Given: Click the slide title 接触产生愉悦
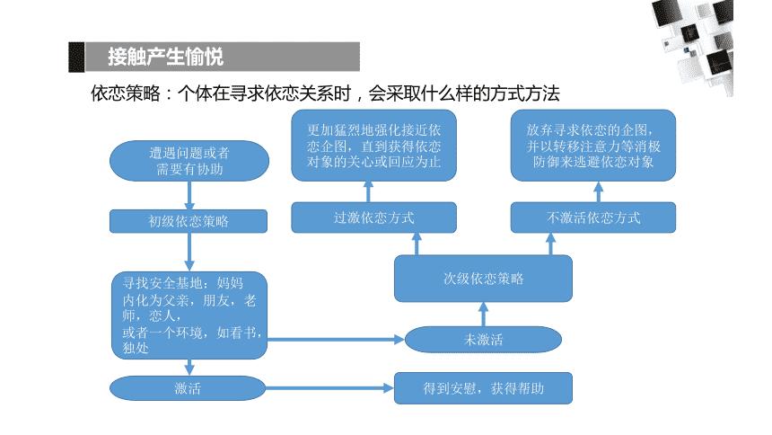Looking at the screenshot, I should [165, 57].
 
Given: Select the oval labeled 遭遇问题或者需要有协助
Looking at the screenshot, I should [189, 161].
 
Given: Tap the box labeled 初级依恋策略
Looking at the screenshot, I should [189, 221].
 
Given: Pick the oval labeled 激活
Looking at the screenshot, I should [189, 388].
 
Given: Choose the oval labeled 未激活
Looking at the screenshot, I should [483, 339].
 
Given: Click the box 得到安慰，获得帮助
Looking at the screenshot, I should [483, 388].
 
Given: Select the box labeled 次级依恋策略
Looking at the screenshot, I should [483, 278].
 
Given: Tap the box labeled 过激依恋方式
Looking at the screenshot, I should [373, 217].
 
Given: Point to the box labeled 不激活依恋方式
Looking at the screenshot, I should [593, 217].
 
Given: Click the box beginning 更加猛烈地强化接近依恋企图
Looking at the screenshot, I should [373, 146].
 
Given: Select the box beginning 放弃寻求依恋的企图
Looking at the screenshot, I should [593, 146].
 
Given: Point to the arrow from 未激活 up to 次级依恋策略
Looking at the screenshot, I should [483, 313].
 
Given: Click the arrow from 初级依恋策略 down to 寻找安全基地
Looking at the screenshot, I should [189, 252].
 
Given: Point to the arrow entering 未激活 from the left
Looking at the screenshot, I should [337, 340].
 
